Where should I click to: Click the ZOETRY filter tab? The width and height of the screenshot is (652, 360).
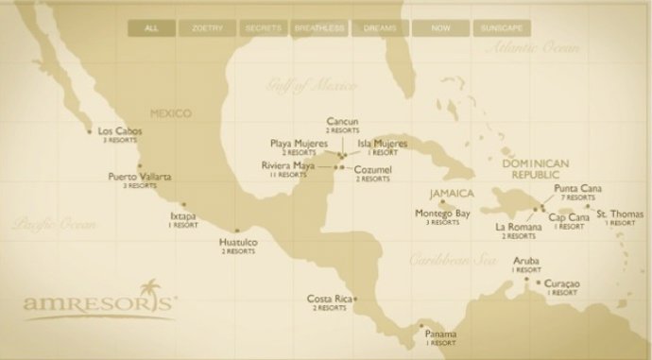[208, 28]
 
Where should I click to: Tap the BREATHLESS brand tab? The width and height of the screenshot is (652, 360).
[319, 28]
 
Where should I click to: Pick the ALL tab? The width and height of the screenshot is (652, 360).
[151, 28]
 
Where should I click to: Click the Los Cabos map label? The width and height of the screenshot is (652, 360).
[119, 131]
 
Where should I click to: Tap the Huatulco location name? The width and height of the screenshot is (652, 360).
[238, 243]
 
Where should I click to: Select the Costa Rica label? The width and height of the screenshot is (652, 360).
[330, 300]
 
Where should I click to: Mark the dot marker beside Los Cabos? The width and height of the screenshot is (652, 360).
[90, 131]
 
